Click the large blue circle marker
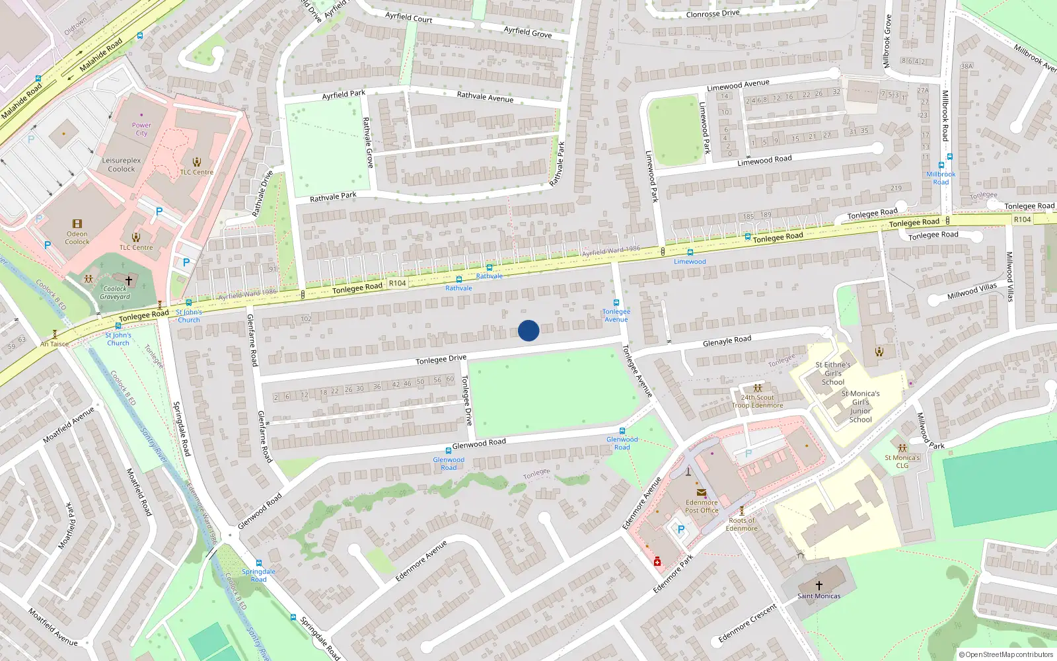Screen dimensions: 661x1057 coord(528,330)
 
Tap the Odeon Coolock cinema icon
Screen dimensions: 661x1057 coord(77,224)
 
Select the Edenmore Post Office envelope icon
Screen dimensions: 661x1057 coord(701,492)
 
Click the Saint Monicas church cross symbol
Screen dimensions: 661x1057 coord(819,585)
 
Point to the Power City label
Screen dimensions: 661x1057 coord(141,129)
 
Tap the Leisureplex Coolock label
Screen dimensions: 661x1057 coord(122,165)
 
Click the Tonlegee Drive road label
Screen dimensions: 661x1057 coord(441,360)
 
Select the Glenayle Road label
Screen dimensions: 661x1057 coord(727,341)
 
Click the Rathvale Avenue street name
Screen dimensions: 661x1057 coord(485,97)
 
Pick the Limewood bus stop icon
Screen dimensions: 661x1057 coord(690,253)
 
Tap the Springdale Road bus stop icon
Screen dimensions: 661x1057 coord(259,563)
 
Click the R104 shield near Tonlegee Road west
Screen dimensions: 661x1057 coord(397,283)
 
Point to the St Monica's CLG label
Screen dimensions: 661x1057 coord(902,461)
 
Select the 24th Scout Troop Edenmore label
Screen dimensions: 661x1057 coord(757,401)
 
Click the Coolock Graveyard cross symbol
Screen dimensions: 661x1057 coord(129,280)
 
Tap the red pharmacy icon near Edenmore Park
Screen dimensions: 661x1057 coord(657,562)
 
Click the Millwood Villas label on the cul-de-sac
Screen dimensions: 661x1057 coord(972,291)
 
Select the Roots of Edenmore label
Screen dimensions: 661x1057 coord(742,524)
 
